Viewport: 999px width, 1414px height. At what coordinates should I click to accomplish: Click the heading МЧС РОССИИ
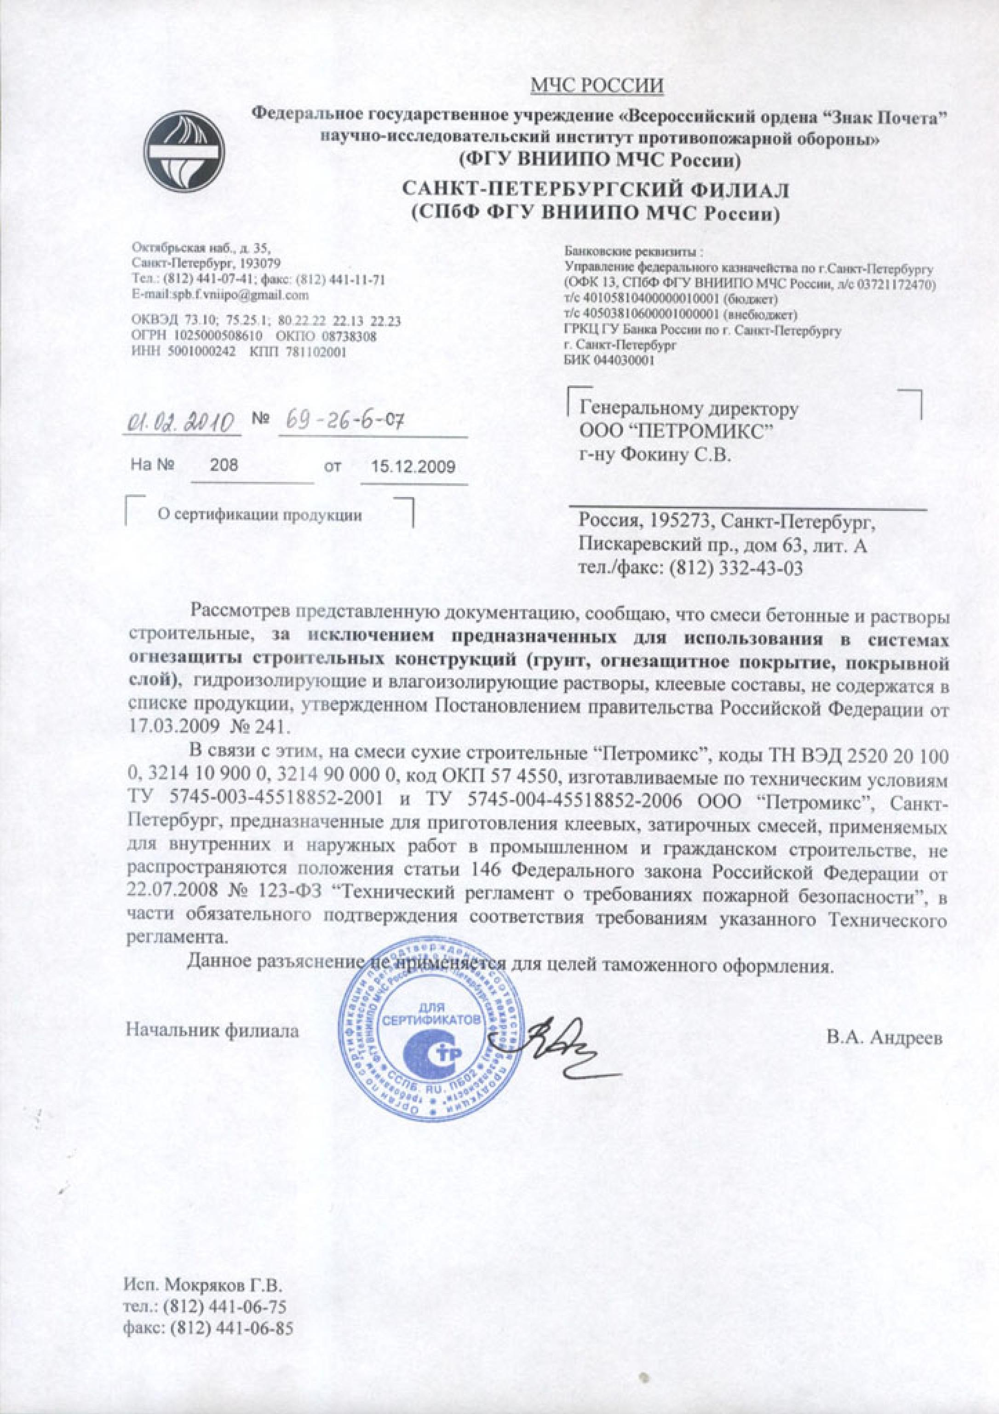click(x=597, y=86)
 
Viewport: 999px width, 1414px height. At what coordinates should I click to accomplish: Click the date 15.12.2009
click(x=413, y=467)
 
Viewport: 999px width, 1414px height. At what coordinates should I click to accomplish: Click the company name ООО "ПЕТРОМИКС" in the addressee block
click(x=673, y=432)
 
